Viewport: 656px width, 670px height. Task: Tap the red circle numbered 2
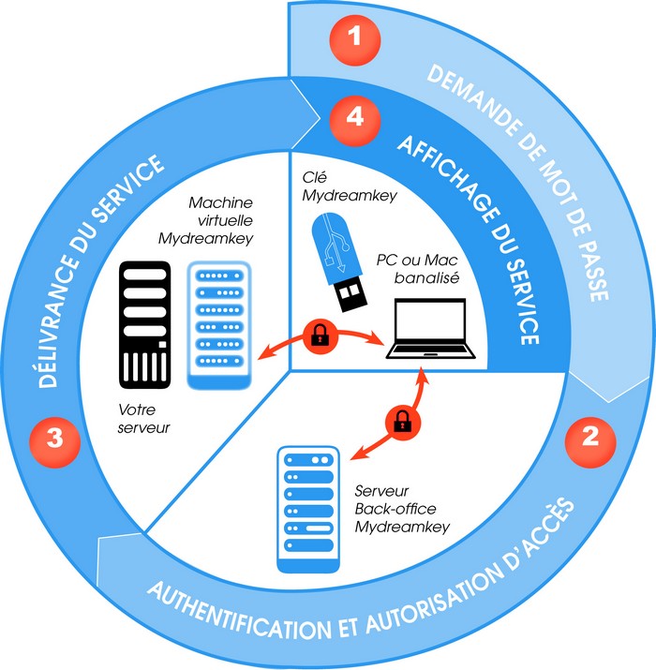tap(590, 436)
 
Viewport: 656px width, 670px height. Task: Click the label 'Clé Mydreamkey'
tap(346, 185)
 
